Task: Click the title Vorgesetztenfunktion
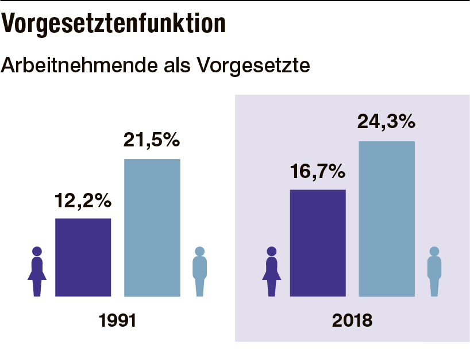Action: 113,24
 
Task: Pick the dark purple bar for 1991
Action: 83,257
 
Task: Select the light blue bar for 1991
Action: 152,227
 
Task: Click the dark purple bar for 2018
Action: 318,243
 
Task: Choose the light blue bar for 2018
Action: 387,219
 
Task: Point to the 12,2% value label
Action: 83,201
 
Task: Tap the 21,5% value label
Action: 152,141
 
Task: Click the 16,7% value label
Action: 318,171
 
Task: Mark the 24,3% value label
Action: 386,122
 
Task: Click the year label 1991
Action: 117,320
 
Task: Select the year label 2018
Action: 352,320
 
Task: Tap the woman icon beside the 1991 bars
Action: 37,272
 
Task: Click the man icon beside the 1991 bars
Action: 199,272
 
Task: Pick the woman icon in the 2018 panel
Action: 272,272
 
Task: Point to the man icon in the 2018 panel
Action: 434,272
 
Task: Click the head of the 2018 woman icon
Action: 272,251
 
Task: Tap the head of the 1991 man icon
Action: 199,251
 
